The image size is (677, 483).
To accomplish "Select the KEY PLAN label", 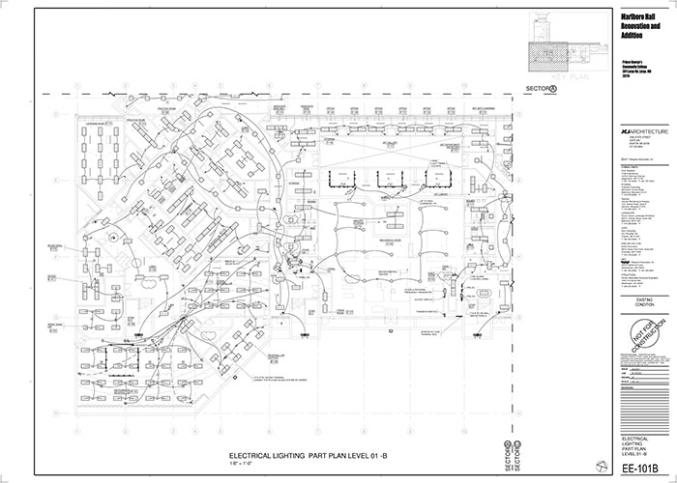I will [565, 72].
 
